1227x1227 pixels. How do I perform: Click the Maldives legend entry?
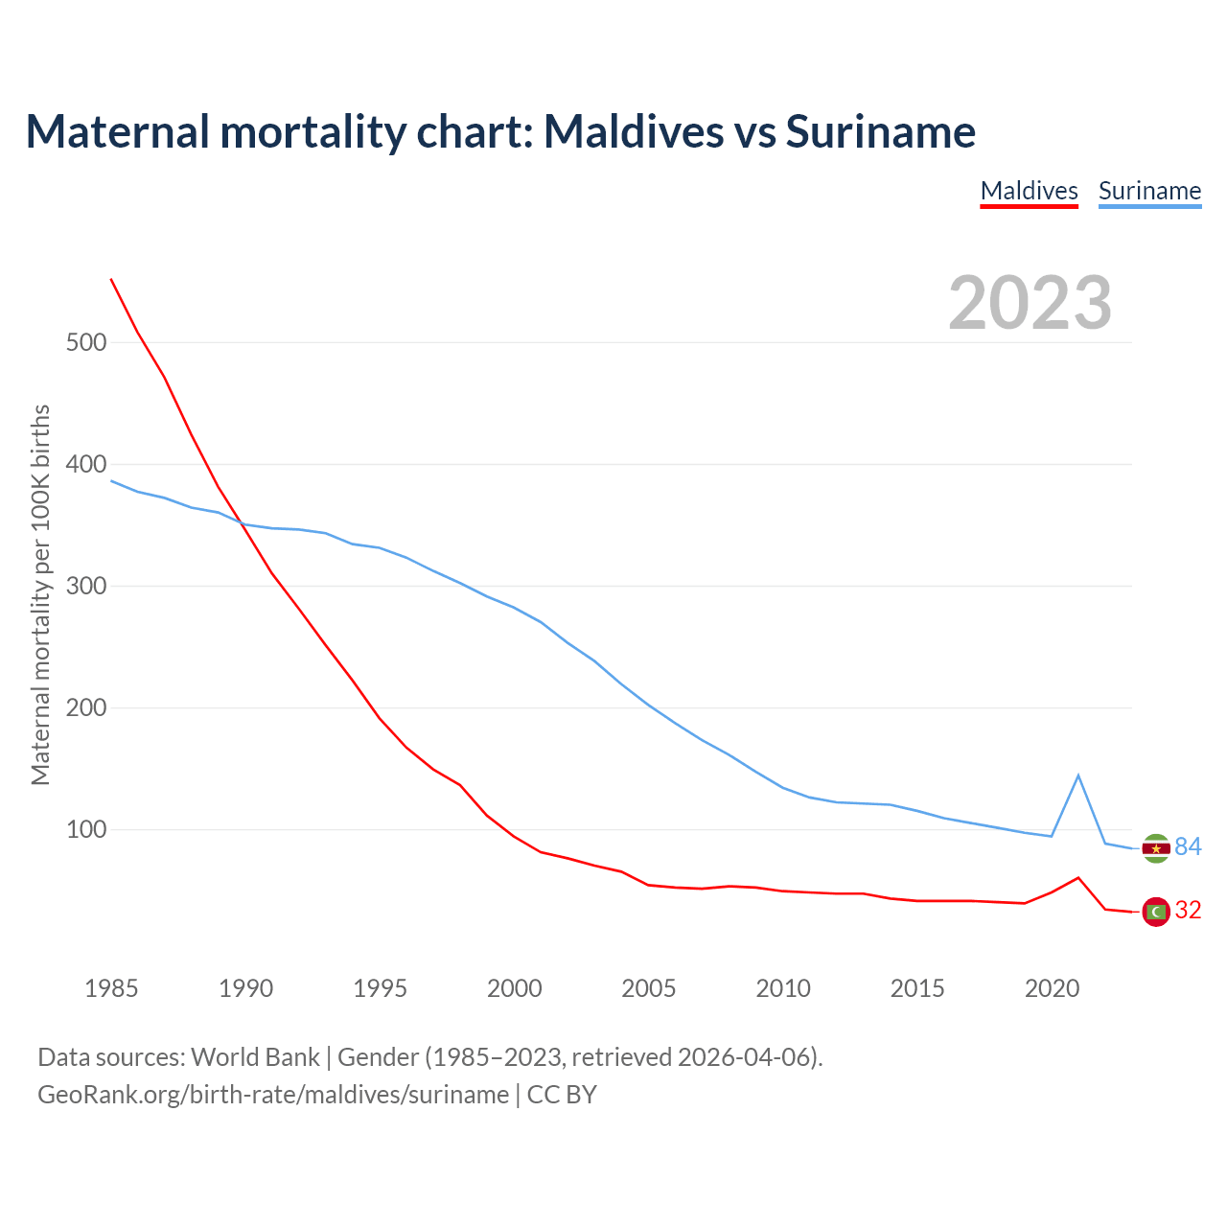tap(1029, 191)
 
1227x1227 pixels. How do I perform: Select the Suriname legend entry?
tap(1149, 191)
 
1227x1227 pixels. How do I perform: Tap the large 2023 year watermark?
tap(1030, 303)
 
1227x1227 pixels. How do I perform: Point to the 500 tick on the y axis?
tap(86, 342)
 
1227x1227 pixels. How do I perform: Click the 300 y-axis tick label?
tap(86, 586)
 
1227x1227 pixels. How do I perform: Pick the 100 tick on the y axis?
tap(86, 829)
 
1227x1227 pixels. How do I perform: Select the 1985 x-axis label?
tap(111, 988)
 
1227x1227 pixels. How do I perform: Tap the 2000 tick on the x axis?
tap(514, 988)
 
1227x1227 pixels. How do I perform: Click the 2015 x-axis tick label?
tap(917, 988)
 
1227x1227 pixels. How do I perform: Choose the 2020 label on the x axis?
tap(1052, 988)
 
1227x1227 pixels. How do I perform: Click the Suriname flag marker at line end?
tap(1156, 848)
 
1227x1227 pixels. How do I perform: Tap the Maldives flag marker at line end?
tap(1156, 912)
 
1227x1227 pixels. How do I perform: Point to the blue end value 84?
tap(1188, 846)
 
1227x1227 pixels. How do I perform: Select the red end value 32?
tap(1188, 910)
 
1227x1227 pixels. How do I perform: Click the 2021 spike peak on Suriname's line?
tap(1078, 775)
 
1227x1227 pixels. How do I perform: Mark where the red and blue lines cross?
tap(241, 523)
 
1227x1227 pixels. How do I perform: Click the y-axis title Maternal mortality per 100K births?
tap(40, 594)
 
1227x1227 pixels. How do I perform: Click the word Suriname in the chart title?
tap(880, 131)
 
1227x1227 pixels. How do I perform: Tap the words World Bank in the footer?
tap(255, 1057)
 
